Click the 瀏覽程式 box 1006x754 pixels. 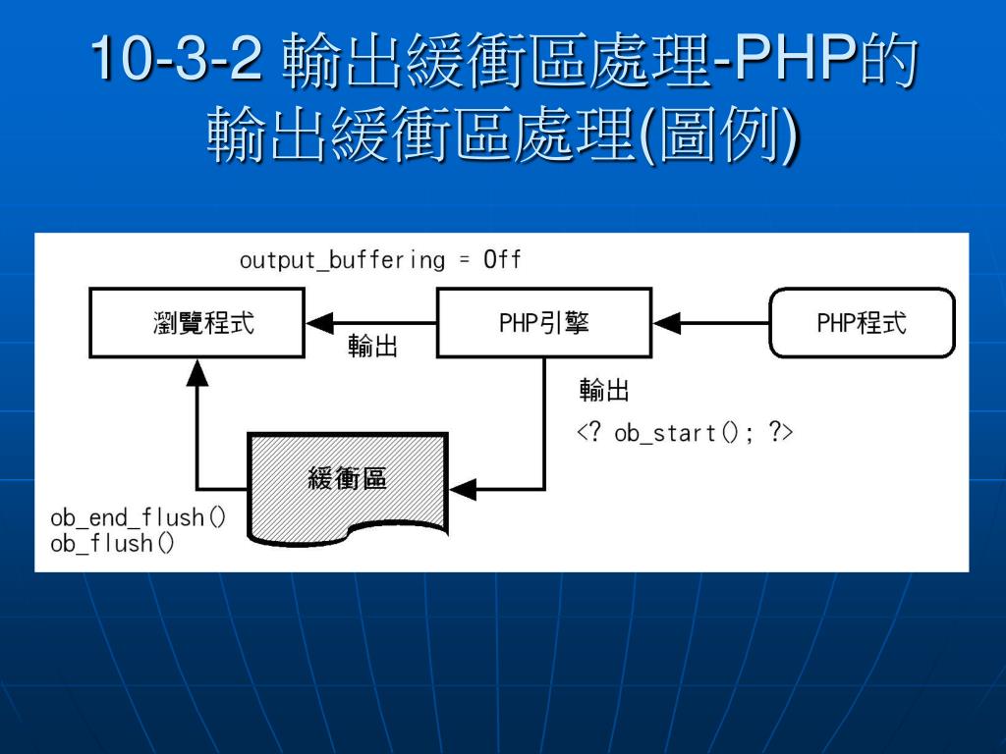[x=196, y=322]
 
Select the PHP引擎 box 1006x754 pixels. [x=544, y=322]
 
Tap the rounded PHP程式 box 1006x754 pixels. [x=862, y=322]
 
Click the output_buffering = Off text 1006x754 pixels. [x=380, y=259]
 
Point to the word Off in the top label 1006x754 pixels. [x=502, y=259]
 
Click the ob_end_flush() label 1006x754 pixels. [x=138, y=516]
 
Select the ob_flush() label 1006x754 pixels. [x=112, y=544]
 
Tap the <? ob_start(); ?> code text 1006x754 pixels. [x=685, y=433]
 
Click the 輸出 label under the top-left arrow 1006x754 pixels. [x=372, y=347]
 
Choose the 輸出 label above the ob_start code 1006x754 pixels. [x=604, y=390]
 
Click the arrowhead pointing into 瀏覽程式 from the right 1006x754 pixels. [x=319, y=322]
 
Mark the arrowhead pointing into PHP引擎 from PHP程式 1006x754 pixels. [x=667, y=322]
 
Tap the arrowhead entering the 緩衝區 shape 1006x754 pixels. [x=463, y=489]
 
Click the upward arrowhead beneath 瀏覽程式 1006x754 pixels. [x=196, y=372]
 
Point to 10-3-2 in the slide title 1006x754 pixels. [x=177, y=58]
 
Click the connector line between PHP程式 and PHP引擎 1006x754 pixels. [x=711, y=322]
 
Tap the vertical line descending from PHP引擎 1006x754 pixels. [x=544, y=423]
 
